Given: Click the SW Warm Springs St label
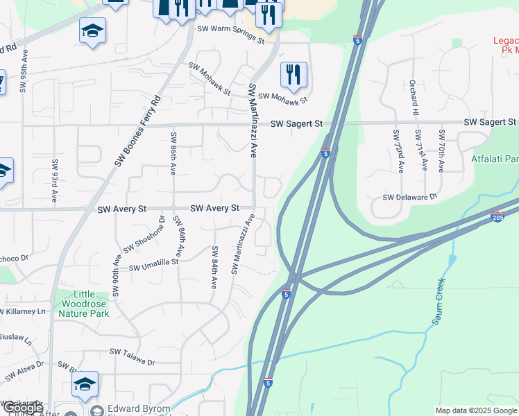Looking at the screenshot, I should tap(231, 35).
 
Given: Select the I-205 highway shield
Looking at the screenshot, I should tap(497, 217).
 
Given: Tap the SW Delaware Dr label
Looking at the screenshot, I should tap(410, 198).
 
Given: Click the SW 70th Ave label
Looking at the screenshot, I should tap(441, 150).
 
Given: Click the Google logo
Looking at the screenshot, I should tap(22, 408).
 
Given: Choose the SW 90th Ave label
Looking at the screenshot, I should tap(117, 275).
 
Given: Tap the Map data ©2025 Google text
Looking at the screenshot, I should tap(476, 410).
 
